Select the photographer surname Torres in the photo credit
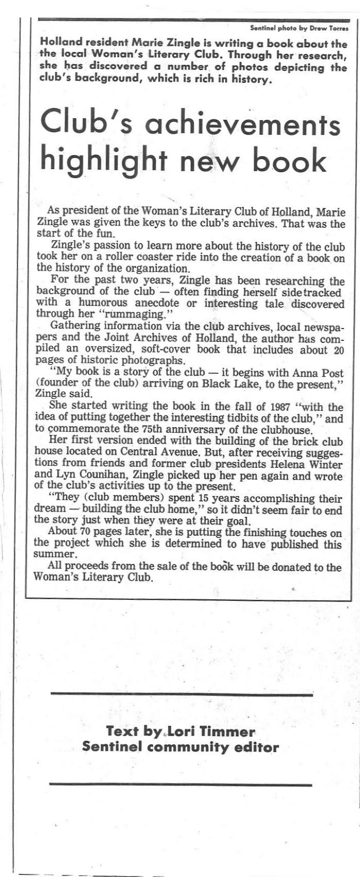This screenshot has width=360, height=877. click(337, 28)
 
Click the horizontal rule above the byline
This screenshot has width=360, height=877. click(182, 694)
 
